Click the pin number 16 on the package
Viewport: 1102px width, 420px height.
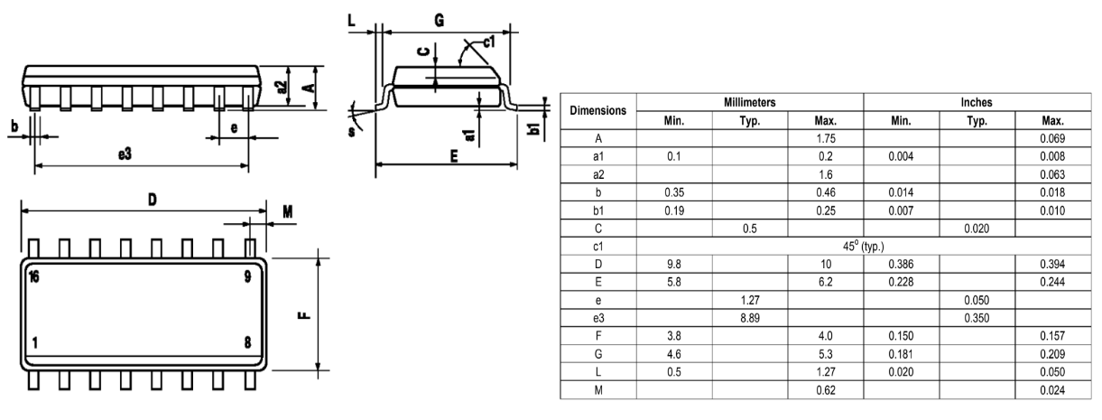[33, 276]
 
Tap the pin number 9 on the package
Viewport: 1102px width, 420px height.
[247, 276]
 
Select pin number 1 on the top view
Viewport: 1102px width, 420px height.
[34, 342]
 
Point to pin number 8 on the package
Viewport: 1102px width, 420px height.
[247, 342]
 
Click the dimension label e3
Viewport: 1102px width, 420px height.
[125, 154]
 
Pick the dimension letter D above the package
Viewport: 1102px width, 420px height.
[153, 200]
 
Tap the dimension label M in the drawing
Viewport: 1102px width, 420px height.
[288, 212]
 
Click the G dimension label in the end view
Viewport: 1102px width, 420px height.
[440, 20]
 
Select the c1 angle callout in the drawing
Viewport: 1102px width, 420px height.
[488, 42]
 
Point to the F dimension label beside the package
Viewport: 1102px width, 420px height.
[304, 315]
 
